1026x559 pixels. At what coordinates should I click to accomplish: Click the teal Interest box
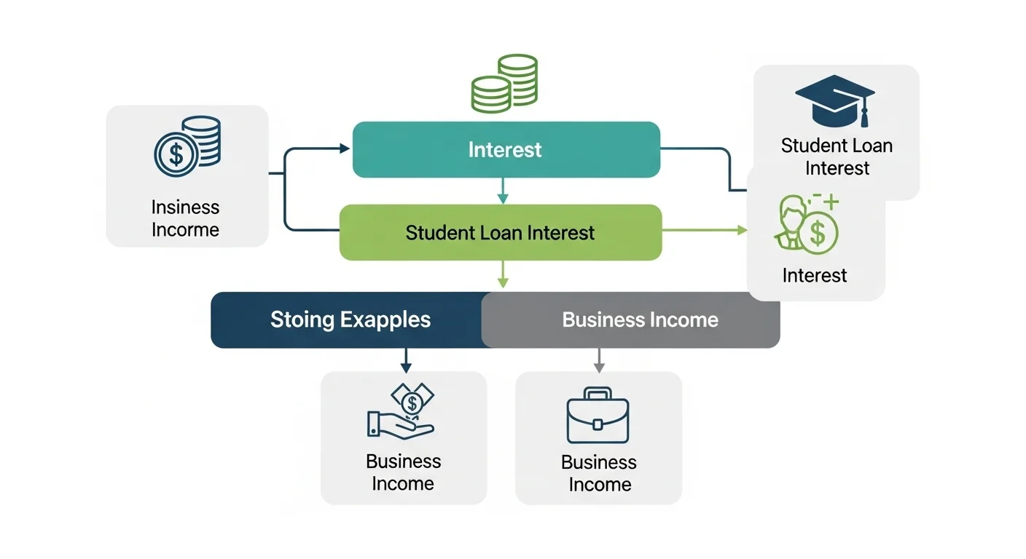coord(506,150)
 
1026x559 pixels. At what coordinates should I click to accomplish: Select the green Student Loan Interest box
coord(500,233)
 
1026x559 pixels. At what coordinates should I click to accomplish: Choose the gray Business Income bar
coord(640,320)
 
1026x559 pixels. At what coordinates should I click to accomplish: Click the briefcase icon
coord(598,416)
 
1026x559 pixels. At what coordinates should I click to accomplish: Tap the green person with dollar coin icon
coord(806,222)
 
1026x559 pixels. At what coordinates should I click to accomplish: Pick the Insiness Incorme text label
coord(185,218)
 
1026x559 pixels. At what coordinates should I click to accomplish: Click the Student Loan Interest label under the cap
coord(837,156)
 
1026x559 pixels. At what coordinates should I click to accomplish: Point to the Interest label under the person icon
coord(814,275)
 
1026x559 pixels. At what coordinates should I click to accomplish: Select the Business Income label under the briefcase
coord(598,473)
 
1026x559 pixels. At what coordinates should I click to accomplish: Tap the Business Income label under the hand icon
coord(403,472)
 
